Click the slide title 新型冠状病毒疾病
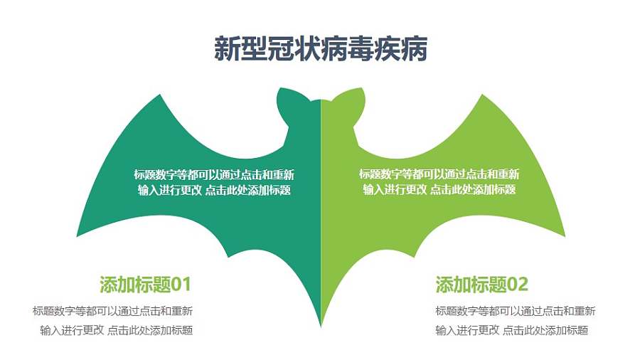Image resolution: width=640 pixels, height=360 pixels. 320,49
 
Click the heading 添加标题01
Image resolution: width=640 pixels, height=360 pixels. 145,285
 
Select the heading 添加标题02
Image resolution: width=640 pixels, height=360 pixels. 481,285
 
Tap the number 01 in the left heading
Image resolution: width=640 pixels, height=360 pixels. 181,285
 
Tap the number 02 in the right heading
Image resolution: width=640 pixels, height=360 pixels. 518,285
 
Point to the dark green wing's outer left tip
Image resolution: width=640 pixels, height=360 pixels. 79,233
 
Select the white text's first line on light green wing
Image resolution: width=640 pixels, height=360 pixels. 439,174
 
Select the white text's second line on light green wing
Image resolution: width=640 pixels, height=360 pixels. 439,190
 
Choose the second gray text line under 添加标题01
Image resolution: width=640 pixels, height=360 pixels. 117,330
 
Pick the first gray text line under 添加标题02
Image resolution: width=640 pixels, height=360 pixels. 515,311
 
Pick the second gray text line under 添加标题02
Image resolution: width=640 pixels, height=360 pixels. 511,330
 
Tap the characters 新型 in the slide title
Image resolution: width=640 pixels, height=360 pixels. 232,49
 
